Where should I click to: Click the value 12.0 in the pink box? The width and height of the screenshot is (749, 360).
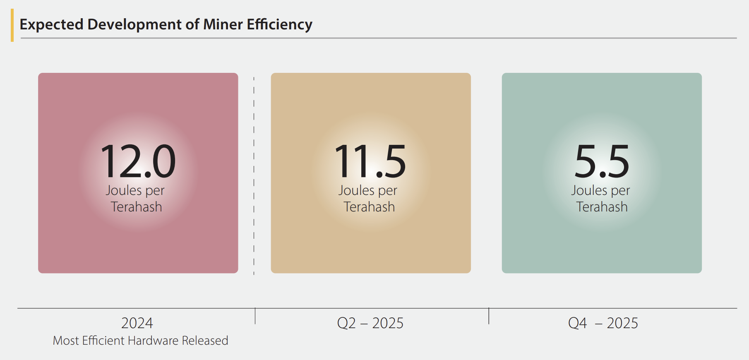tap(138, 161)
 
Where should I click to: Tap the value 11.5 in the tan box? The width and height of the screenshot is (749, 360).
tap(370, 161)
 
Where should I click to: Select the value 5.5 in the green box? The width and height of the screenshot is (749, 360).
tap(602, 161)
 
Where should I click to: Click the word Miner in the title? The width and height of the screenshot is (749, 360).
tap(223, 24)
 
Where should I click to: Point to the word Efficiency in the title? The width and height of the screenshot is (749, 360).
tap(280, 25)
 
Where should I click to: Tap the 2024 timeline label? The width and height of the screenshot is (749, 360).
tap(137, 323)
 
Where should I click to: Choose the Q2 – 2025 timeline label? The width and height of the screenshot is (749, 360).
tap(370, 323)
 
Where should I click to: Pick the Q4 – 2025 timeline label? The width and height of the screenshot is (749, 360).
tap(603, 323)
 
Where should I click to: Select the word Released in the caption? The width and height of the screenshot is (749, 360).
tap(205, 341)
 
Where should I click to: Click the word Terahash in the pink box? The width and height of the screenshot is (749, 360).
tap(137, 207)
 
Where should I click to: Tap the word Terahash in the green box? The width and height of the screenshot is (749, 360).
tap(602, 207)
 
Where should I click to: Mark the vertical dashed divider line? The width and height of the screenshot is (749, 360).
tap(254, 176)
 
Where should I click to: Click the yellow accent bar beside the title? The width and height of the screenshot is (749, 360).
tap(12, 25)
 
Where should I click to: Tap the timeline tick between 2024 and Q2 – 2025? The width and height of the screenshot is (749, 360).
tap(255, 316)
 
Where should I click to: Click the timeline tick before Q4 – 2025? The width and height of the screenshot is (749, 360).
tap(489, 316)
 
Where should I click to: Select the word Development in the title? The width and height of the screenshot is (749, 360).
tap(135, 25)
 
